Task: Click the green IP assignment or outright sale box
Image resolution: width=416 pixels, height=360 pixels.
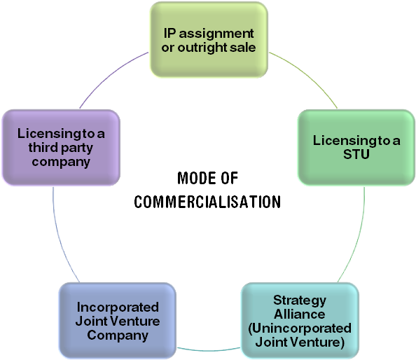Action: click(x=209, y=39)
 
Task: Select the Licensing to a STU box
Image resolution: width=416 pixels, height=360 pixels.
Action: click(x=356, y=147)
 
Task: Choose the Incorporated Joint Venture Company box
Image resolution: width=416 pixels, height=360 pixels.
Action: click(x=117, y=321)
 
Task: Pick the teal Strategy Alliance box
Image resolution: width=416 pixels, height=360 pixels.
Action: click(x=299, y=321)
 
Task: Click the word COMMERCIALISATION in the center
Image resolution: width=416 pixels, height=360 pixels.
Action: click(x=208, y=202)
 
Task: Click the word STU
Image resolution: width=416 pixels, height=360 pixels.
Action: click(x=356, y=155)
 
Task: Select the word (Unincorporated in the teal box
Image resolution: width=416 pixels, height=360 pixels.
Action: click(x=300, y=328)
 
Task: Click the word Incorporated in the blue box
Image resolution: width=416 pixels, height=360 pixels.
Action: click(x=118, y=307)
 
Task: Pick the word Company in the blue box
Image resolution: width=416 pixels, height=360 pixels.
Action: click(x=118, y=335)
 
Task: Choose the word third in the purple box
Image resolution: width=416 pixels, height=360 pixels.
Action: click(x=43, y=148)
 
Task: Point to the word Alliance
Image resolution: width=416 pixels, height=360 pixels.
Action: click(x=299, y=314)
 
